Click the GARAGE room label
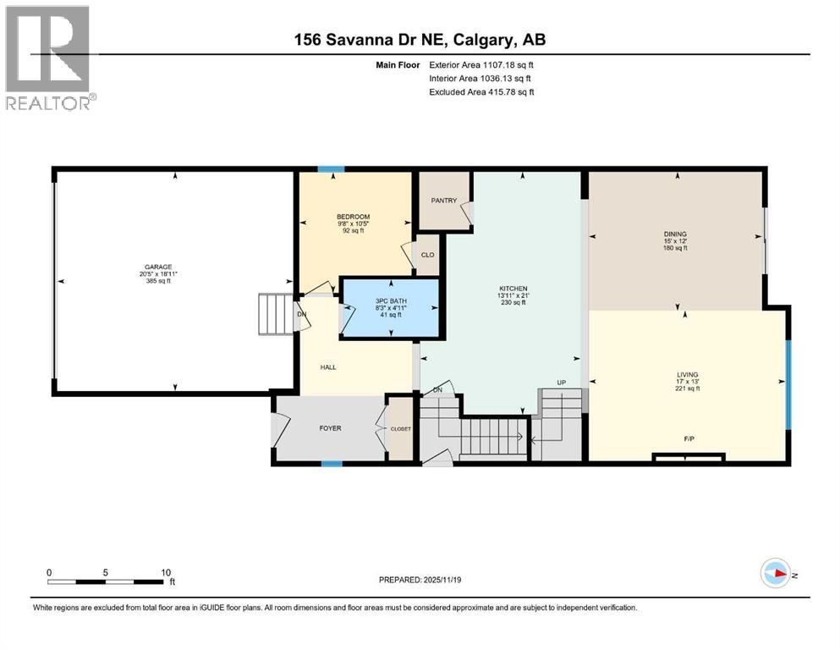click(x=158, y=267)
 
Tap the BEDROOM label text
click(x=353, y=217)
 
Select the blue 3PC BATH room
click(x=391, y=307)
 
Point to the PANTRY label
click(x=444, y=201)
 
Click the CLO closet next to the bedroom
click(x=427, y=255)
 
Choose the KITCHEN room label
click(x=513, y=289)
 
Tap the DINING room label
click(x=675, y=234)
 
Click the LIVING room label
click(x=688, y=375)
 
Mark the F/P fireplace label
click(x=689, y=439)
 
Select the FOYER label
click(x=330, y=428)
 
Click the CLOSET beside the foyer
click(x=401, y=429)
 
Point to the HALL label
click(x=328, y=367)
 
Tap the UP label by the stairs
click(x=562, y=383)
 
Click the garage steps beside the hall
click(x=276, y=314)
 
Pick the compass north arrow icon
click(x=776, y=573)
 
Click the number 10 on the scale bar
click(x=166, y=572)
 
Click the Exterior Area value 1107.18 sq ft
click(x=508, y=65)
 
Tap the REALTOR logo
click(x=50, y=58)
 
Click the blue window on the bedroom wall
click(x=331, y=169)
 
